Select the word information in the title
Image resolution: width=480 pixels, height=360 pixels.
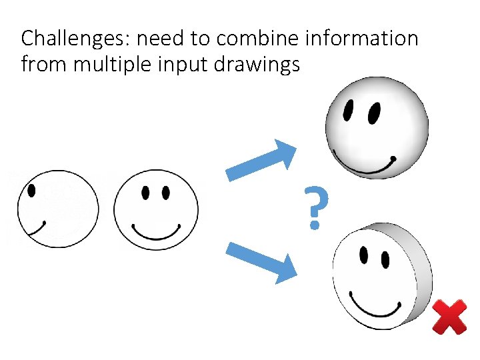[361, 39]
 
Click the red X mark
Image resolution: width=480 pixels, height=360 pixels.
[449, 317]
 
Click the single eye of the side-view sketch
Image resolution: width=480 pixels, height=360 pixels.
[31, 190]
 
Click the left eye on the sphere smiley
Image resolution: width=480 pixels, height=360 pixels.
[348, 111]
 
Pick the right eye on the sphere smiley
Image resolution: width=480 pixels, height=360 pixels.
[374, 113]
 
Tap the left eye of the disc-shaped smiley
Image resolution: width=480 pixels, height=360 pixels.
[363, 255]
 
